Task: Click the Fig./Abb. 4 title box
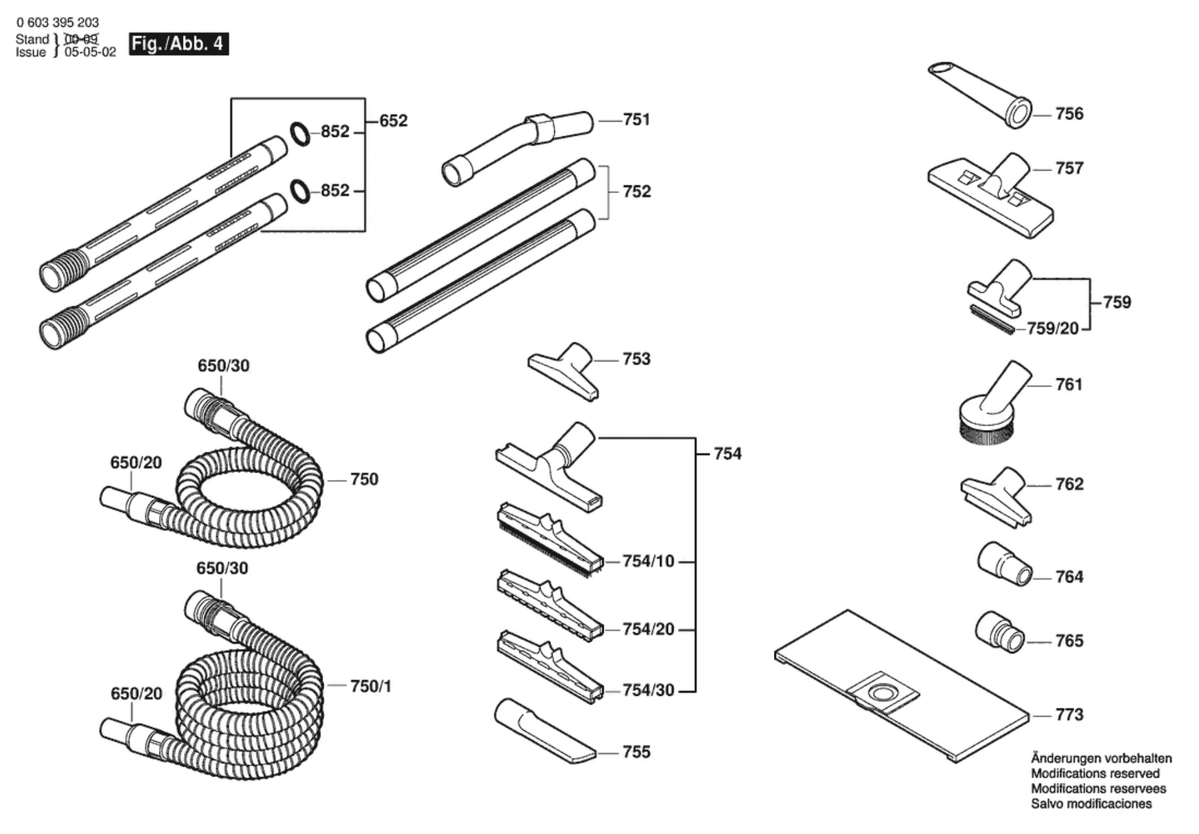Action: pos(179,44)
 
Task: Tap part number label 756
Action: pos(1069,114)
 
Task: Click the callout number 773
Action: pos(1069,715)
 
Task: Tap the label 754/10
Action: pos(648,561)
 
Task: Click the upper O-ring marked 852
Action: pos(300,134)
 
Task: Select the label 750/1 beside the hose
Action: pos(370,687)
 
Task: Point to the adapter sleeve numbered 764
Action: pos(1003,564)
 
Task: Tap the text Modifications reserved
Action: pos(1095,773)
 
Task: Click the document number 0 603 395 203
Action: pos(58,23)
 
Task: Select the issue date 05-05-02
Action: pos(90,53)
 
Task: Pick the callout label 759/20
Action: pos(1052,329)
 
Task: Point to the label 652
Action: pos(393,121)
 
